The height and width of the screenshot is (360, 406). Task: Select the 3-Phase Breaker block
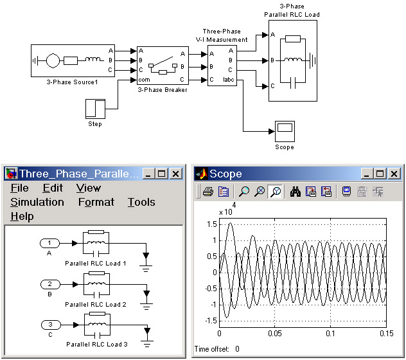[163, 66]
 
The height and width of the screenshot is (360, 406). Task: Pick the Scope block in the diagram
[284, 131]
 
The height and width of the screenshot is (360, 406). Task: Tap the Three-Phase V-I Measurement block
[222, 66]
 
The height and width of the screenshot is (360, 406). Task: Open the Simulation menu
[37, 202]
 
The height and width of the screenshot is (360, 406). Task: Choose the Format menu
[96, 202]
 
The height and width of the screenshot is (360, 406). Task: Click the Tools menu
[141, 202]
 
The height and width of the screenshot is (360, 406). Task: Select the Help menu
[22, 217]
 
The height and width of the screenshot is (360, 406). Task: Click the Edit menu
[53, 188]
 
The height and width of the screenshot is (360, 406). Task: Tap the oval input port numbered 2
[49, 283]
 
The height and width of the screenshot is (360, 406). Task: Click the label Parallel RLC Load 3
[96, 345]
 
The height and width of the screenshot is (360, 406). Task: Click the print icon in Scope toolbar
[208, 191]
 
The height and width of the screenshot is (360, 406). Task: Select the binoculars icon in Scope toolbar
[296, 191]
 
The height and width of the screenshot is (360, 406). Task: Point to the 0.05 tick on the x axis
[275, 334]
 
